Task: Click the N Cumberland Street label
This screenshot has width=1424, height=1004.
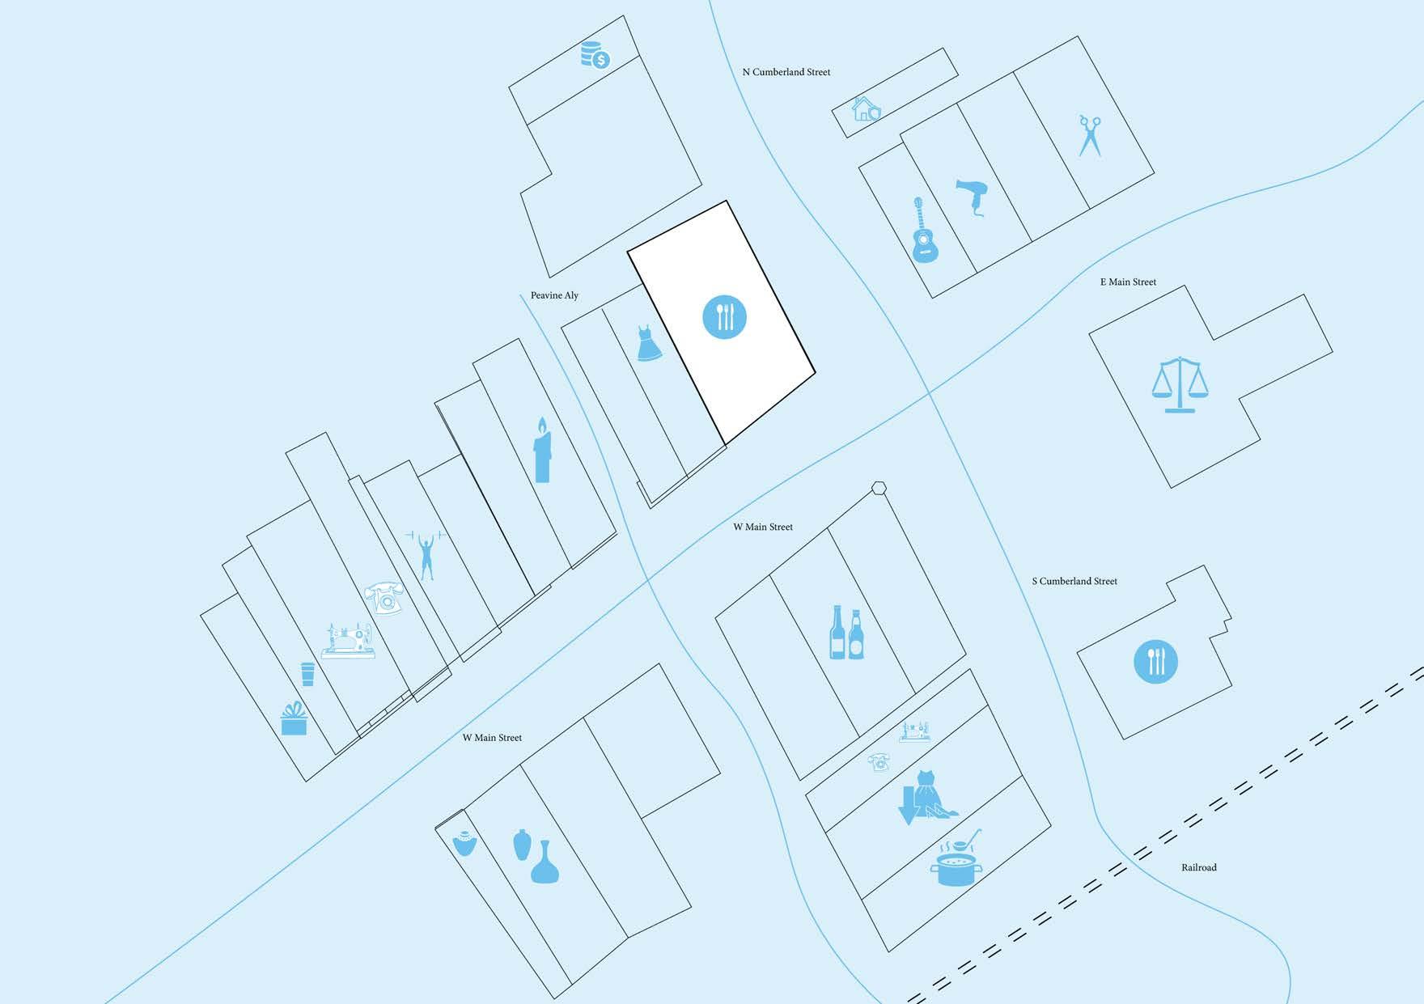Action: tap(786, 72)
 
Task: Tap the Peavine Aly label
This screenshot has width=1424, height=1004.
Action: tap(554, 295)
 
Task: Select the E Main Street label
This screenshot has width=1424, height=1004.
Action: tap(1128, 282)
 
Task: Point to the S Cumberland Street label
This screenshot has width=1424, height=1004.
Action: tap(1074, 581)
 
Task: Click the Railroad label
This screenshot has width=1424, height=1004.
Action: tap(1198, 867)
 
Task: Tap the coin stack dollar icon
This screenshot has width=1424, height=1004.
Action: tap(595, 55)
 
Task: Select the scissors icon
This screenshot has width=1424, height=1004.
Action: tap(1090, 136)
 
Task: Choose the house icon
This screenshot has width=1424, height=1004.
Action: tap(866, 108)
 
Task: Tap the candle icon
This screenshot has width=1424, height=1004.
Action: tap(542, 451)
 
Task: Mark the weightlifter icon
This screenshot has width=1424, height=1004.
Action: tap(426, 555)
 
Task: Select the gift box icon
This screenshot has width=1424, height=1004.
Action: tap(294, 718)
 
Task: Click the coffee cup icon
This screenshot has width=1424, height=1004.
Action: tap(307, 674)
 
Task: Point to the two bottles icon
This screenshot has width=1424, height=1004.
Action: tap(846, 632)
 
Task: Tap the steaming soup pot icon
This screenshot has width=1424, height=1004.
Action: tap(956, 862)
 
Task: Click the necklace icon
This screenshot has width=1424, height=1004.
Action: tap(464, 844)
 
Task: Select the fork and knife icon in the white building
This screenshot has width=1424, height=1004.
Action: tap(724, 316)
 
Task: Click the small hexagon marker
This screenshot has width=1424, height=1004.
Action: tap(879, 488)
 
